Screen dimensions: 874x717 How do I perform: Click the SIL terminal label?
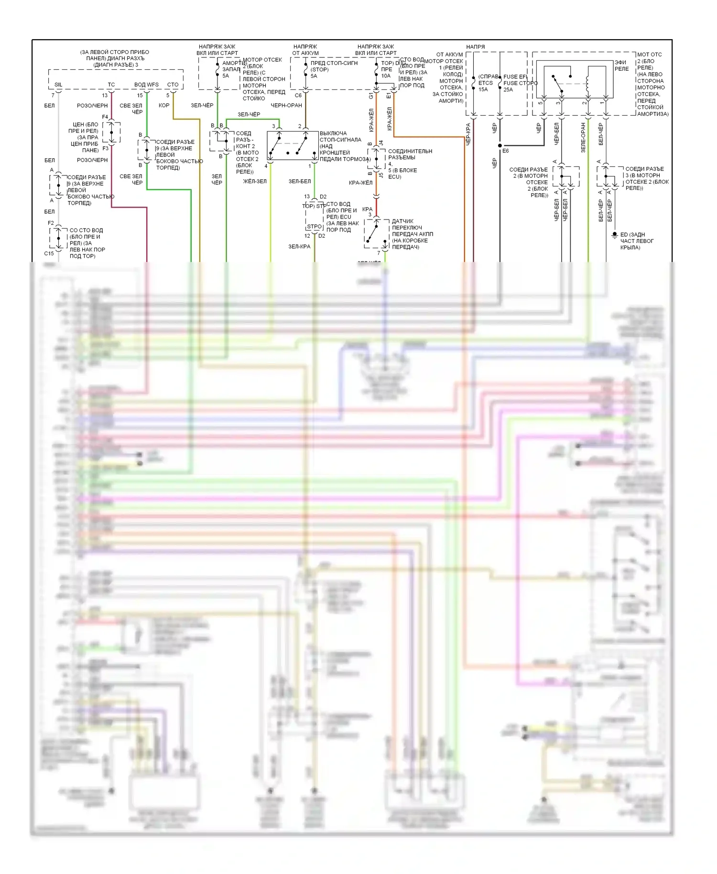tap(58, 85)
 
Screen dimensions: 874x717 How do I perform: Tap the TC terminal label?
tap(111, 85)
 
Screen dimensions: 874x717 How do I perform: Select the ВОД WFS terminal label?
tap(146, 85)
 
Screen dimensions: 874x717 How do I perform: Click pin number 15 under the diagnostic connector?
tap(140, 96)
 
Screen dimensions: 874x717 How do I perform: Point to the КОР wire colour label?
tap(164, 106)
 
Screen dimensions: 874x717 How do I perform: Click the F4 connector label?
tap(105, 117)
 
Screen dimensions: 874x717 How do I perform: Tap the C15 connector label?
tap(49, 253)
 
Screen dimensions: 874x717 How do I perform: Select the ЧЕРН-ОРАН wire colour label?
tap(286, 106)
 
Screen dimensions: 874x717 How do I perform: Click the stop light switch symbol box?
tap(293, 145)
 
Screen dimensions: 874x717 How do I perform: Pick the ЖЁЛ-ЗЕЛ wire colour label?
tap(255, 182)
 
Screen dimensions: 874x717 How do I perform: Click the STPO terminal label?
tap(314, 227)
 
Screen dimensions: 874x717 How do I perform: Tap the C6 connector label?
tap(298, 96)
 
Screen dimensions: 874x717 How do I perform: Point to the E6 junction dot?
tap(500, 145)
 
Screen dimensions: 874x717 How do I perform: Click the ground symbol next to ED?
tap(615, 235)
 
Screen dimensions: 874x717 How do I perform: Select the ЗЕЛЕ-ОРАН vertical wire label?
tap(583, 138)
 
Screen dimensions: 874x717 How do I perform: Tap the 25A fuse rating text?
tap(508, 89)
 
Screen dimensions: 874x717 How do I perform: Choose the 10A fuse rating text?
tap(386, 76)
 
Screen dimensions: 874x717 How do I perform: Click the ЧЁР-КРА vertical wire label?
tap(468, 134)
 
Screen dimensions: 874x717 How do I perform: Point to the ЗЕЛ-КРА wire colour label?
tap(299, 247)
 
